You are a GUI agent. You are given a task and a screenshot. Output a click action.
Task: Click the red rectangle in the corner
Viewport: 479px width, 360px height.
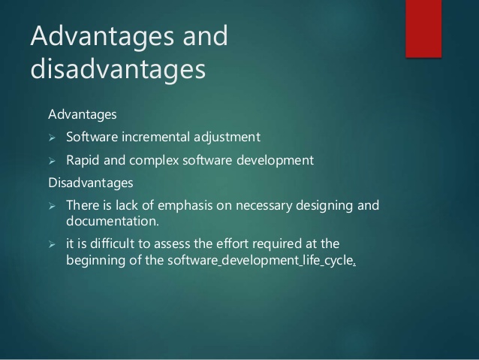point(423,29)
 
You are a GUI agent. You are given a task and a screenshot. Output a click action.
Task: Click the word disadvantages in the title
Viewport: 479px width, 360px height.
point(118,69)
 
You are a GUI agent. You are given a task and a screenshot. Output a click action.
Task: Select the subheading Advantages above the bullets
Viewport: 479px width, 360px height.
point(83,115)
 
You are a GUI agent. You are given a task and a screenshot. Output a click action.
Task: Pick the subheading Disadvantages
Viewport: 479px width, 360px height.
point(91,183)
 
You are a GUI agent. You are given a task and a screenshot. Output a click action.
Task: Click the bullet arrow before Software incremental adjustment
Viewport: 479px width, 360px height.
point(52,138)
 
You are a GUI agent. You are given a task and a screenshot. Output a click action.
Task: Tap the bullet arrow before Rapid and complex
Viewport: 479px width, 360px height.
point(52,161)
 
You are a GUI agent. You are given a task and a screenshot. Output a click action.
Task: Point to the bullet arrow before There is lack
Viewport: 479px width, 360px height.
point(52,206)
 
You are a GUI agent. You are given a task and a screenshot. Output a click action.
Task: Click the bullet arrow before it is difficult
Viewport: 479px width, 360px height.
point(52,244)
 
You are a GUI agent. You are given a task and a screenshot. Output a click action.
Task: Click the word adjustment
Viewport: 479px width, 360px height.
point(227,138)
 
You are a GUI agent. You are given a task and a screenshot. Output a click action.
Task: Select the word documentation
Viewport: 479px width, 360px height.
point(113,221)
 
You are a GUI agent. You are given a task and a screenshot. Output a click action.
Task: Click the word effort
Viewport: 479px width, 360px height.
point(233,244)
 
